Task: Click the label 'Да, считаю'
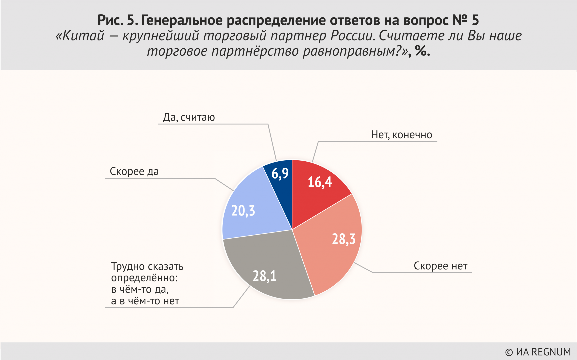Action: (x=189, y=117)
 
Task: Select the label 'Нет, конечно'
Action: (x=401, y=135)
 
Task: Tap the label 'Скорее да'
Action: (x=134, y=171)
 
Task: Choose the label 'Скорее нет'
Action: (x=440, y=266)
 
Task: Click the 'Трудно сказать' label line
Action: (x=147, y=266)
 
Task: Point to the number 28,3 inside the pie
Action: (x=344, y=239)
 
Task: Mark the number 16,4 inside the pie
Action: (x=320, y=182)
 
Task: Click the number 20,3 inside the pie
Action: (x=243, y=211)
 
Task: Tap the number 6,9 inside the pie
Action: (x=280, y=173)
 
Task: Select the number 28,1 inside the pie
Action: (x=264, y=276)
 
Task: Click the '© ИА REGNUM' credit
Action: (x=538, y=352)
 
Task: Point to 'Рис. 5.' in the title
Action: (x=117, y=20)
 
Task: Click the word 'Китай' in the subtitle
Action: (x=83, y=36)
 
